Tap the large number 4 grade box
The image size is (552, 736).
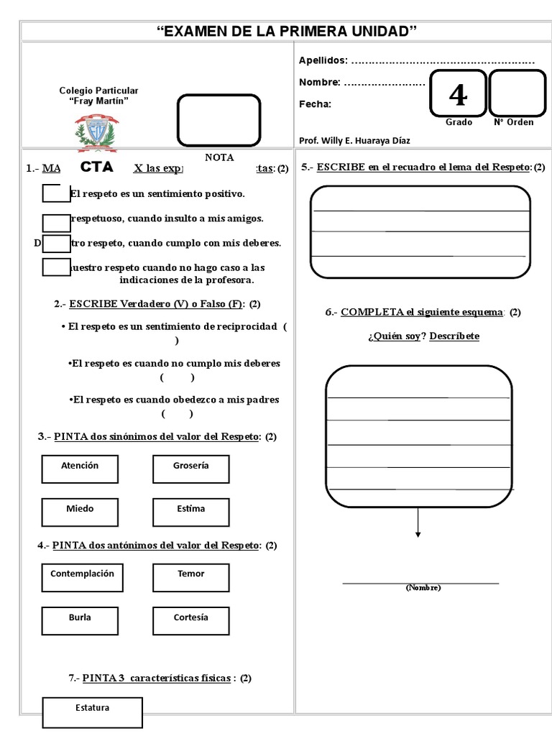457,93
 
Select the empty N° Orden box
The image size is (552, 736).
517,93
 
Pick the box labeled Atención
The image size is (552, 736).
80,469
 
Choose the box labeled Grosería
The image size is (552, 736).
191,469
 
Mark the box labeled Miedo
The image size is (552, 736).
80,512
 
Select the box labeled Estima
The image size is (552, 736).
191,512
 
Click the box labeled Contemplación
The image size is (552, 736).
82,578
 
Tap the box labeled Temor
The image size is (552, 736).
191,578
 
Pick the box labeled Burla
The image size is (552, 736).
80,621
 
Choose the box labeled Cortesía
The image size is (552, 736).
191,621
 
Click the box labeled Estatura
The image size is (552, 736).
93,712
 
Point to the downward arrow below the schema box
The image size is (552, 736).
418,523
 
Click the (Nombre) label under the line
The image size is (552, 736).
423,588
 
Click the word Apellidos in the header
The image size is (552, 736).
323,60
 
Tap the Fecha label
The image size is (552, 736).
315,104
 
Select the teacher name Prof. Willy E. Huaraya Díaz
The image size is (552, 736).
354,140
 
